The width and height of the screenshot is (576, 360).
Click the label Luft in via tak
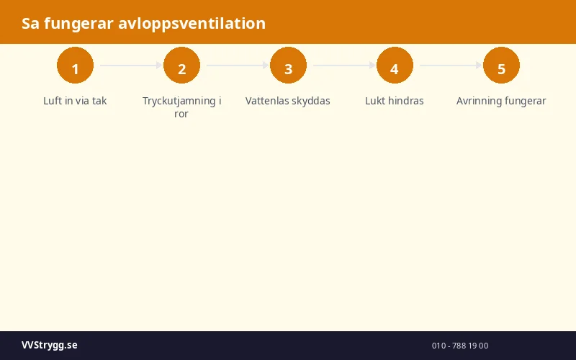pos(75,101)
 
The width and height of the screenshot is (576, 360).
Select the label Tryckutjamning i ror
pos(181,107)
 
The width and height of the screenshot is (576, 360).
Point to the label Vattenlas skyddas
pos(288,101)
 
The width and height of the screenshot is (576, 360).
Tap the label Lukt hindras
pos(395,101)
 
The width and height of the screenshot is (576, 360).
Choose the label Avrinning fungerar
pos(501,101)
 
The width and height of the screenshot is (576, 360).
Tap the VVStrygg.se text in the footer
pos(50,346)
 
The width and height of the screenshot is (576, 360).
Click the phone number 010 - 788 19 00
pos(460,346)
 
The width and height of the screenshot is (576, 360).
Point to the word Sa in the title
pos(30,24)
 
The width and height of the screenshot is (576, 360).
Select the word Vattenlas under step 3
pos(269,101)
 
